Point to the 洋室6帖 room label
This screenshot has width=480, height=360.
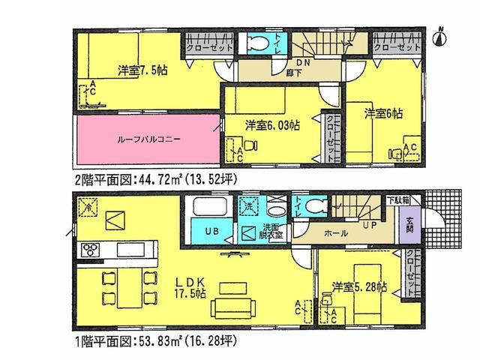point(383,114)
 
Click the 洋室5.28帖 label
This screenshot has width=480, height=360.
point(358,287)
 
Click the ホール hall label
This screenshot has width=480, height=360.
point(336,233)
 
